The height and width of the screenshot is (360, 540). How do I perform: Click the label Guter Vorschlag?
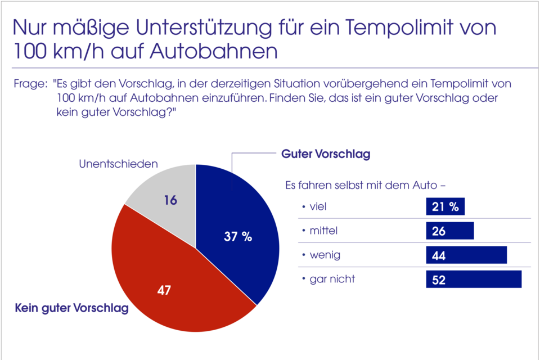tap(325, 154)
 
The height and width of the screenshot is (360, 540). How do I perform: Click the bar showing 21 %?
tap(445, 207)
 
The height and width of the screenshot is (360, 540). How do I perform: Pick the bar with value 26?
tap(450, 231)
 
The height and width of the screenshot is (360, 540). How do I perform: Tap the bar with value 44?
tap(466, 255)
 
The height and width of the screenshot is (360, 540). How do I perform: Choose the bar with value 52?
tap(474, 280)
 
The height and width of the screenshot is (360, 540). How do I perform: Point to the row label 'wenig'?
tap(325, 255)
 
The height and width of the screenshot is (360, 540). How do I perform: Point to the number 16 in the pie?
tap(171, 200)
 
